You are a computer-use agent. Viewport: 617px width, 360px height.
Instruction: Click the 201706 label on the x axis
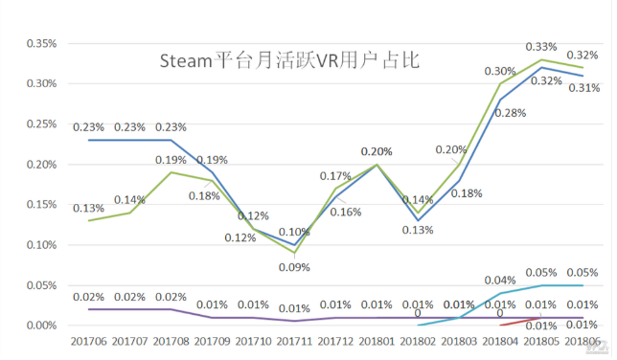(x=88, y=341)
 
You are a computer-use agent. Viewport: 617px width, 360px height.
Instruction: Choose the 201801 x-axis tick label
(x=377, y=341)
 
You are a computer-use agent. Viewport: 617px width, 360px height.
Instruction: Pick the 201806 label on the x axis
(x=583, y=341)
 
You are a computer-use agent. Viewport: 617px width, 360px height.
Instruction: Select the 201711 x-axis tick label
(x=294, y=341)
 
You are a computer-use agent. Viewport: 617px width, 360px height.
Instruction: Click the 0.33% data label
(x=541, y=46)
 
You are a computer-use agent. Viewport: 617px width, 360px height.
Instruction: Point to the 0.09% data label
(x=294, y=268)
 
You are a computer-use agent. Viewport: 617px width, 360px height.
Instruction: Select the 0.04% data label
(x=500, y=281)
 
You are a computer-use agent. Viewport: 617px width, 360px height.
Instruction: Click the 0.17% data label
(x=334, y=176)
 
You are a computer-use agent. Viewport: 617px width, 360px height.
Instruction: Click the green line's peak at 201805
(x=541, y=59)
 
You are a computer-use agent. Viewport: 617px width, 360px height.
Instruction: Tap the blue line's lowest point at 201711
(x=294, y=244)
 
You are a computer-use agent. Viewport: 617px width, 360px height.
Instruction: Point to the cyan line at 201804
(x=500, y=293)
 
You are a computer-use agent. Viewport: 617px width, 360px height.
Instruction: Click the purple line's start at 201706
(x=88, y=309)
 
